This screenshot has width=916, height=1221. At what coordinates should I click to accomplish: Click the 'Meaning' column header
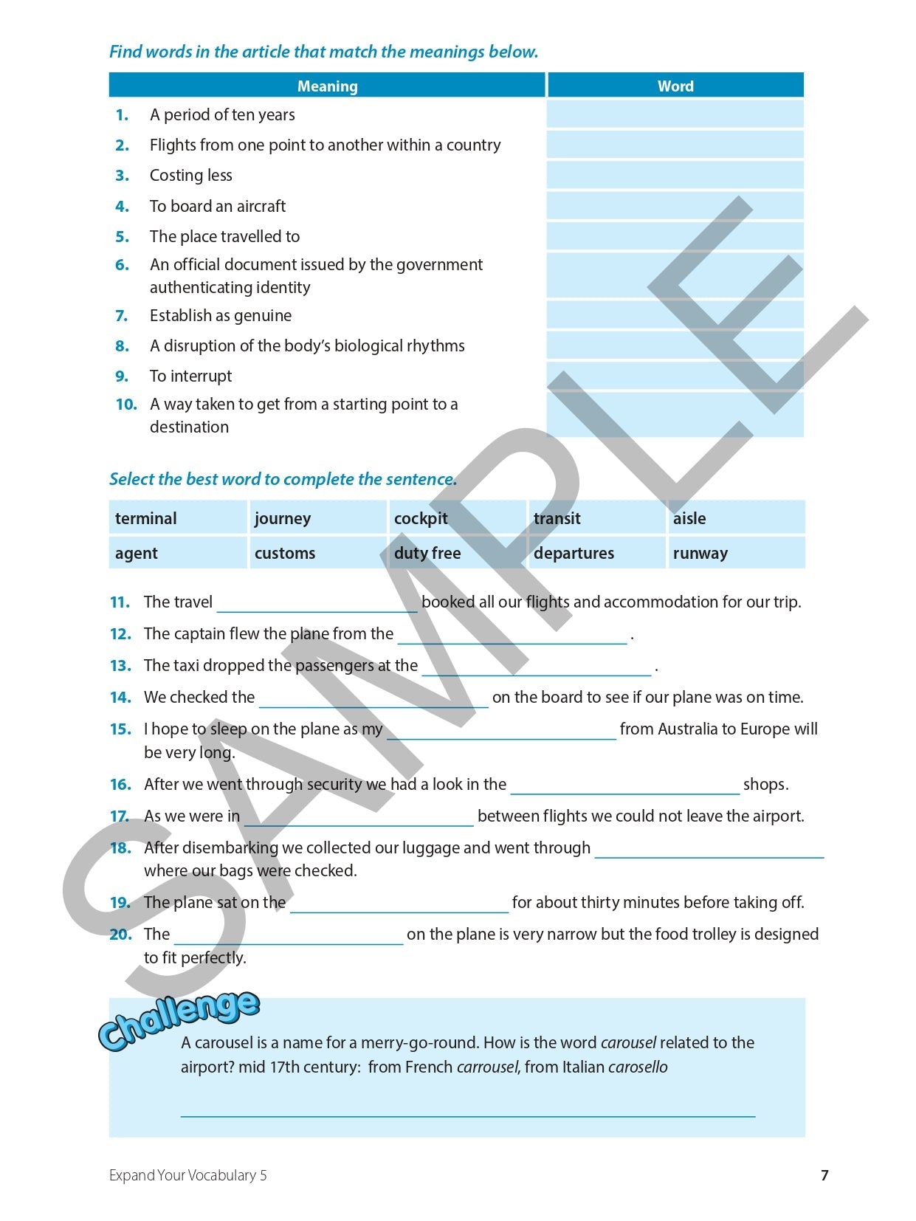coord(327,86)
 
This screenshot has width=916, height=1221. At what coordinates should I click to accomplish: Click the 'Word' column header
coord(675,86)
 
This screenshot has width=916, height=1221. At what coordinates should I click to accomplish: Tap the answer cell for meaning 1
coord(675,114)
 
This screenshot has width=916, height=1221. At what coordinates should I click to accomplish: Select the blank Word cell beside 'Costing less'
coord(675,175)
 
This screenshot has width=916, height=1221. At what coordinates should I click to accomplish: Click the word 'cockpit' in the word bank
coord(421,518)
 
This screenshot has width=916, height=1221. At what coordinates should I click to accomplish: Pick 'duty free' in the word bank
coord(427,553)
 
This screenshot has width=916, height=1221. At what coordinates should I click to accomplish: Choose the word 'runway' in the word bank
coord(700,553)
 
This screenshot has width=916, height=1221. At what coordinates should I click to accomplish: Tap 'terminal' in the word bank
coord(146,518)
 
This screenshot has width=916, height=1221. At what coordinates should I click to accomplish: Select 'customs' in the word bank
coord(285,553)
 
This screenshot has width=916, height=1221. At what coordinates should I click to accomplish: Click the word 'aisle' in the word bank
coord(689,518)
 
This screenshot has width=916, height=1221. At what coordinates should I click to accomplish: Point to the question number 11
coord(120,602)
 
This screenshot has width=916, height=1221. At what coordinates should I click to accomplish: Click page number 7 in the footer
coord(824,1174)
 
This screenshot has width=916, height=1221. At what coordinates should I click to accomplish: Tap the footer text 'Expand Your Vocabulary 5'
coord(188,1174)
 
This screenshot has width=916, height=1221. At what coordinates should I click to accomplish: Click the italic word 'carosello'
coord(638,1067)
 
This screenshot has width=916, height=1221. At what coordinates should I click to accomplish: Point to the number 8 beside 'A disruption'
coord(122,346)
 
